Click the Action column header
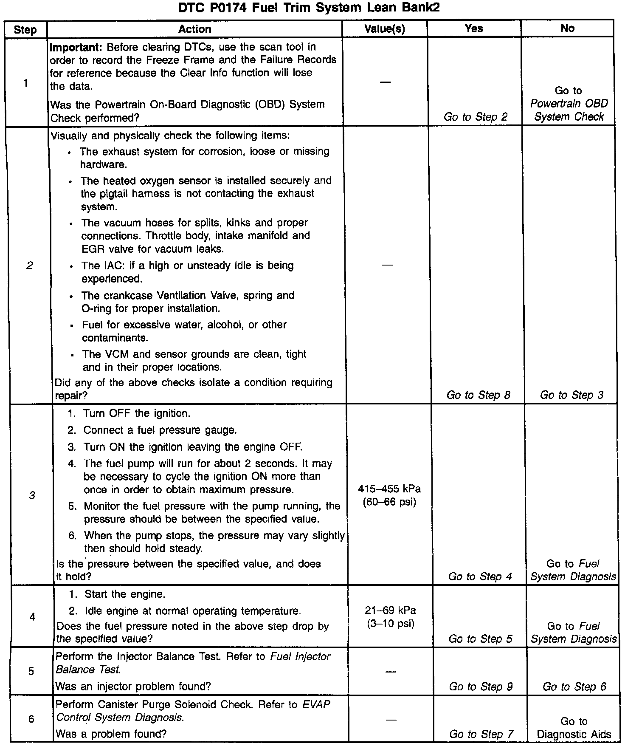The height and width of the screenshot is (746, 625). click(x=195, y=29)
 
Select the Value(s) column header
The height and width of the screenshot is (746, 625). click(x=385, y=29)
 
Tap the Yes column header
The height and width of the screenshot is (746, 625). click(x=474, y=28)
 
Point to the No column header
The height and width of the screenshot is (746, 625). click(x=567, y=28)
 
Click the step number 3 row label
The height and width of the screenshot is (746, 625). click(x=32, y=495)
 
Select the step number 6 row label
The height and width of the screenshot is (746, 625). click(x=31, y=719)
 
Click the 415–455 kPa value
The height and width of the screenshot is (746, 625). click(x=389, y=489)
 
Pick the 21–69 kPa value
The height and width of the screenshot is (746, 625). click(x=390, y=610)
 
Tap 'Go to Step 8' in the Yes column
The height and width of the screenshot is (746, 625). click(x=478, y=395)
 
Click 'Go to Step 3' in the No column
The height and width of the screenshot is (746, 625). click(x=572, y=395)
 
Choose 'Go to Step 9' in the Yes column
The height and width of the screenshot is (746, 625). click(x=481, y=687)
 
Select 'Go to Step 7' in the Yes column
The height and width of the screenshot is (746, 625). click(x=481, y=734)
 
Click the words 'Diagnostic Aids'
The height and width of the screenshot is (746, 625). click(x=574, y=734)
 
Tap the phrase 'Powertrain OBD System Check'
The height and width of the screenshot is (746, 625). click(x=569, y=110)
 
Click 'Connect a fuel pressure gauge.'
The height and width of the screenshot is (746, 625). click(x=160, y=430)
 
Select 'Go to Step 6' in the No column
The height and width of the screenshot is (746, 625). click(x=574, y=687)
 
